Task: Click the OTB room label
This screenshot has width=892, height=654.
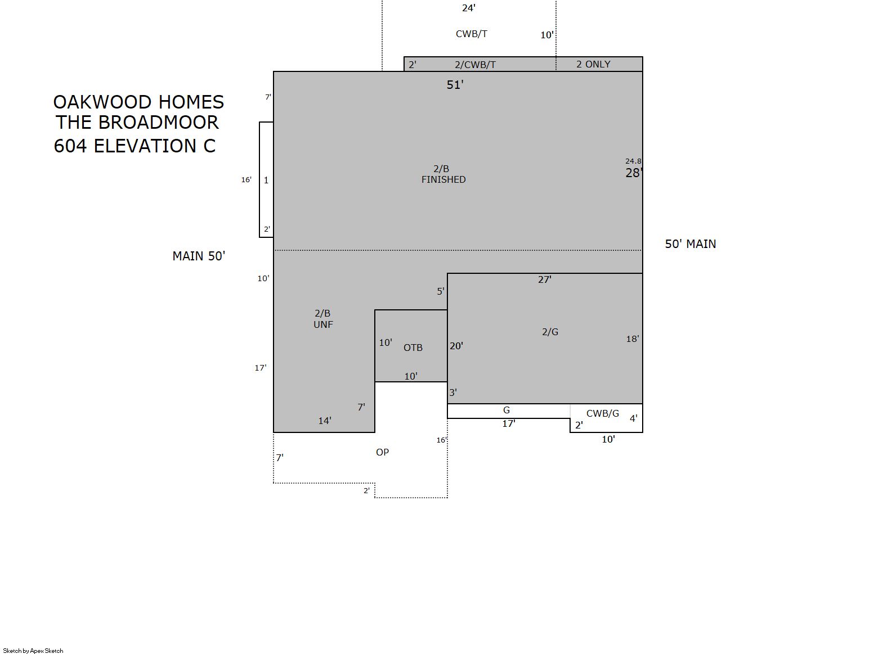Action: coord(413,348)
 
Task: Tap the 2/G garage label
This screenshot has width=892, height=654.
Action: coord(550,332)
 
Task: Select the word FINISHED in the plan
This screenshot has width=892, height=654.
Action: coord(443,180)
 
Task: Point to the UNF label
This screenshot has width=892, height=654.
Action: coord(323,324)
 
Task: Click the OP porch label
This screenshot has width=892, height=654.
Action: coord(382,452)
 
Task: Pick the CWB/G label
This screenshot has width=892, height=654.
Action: coord(603,414)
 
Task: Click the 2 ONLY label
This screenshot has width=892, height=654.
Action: coord(593,65)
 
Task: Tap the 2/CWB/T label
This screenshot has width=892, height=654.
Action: coord(475,65)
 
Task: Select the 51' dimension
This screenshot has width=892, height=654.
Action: coord(455,85)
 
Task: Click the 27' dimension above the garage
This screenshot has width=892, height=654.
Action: coord(544,279)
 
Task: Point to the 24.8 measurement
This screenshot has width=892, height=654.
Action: coord(633,161)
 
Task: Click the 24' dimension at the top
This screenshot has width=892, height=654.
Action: coord(469,8)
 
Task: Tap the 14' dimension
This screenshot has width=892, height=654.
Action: coord(325,421)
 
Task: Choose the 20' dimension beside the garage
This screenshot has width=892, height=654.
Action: coord(456,346)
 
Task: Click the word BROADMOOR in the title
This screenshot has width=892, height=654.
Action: coord(159,122)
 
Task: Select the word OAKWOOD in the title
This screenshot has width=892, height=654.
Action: coord(102,102)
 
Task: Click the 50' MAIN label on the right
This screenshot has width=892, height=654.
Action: coord(691,244)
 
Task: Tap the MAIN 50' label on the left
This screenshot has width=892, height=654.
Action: coord(199,256)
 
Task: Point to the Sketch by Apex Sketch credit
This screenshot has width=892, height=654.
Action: coord(33,651)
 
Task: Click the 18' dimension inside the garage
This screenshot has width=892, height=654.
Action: coord(633,339)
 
